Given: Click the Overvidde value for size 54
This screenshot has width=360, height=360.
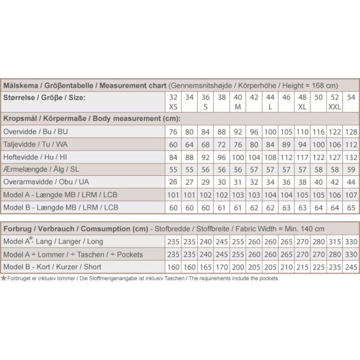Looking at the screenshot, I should tap(351, 131).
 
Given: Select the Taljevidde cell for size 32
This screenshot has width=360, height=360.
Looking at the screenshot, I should tap(173, 144).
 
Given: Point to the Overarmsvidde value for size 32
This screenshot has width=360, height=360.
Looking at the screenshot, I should tap(173, 182).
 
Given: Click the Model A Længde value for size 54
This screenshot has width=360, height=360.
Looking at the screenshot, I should tap(351, 195).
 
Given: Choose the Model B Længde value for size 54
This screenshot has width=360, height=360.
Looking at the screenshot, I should tap(351, 208).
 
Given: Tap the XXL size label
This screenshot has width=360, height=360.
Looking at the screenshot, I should tap(334, 106).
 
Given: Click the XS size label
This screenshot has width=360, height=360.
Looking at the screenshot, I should tap(173, 106).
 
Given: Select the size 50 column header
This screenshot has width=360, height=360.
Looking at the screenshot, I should tap(318, 97).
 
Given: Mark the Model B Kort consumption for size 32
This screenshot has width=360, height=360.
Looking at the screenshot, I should tap(173, 266).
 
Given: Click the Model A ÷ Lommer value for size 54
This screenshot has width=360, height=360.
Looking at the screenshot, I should tap(351, 254).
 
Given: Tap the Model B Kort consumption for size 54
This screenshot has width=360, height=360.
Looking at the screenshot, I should tap(351, 266).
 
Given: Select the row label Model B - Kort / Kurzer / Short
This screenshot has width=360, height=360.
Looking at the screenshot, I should tap(53, 266).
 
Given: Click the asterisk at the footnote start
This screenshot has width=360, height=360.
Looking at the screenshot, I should tap(4, 277).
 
